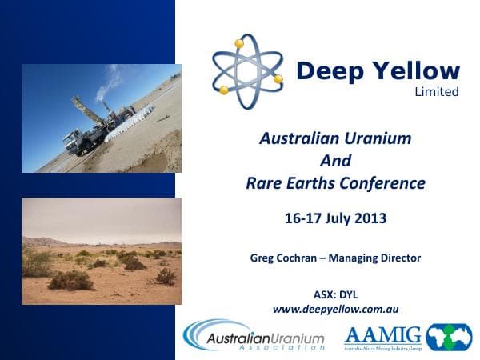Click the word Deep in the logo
tap(329, 71)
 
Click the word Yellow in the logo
tap(412, 71)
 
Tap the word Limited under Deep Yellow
tap(437, 92)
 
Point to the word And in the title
tap(335, 160)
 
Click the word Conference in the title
tap(383, 183)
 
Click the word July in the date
tap(335, 218)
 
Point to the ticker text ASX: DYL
tap(335, 294)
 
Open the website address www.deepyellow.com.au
tap(335, 309)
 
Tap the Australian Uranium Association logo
tap(254, 336)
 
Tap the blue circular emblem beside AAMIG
tap(449, 337)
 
